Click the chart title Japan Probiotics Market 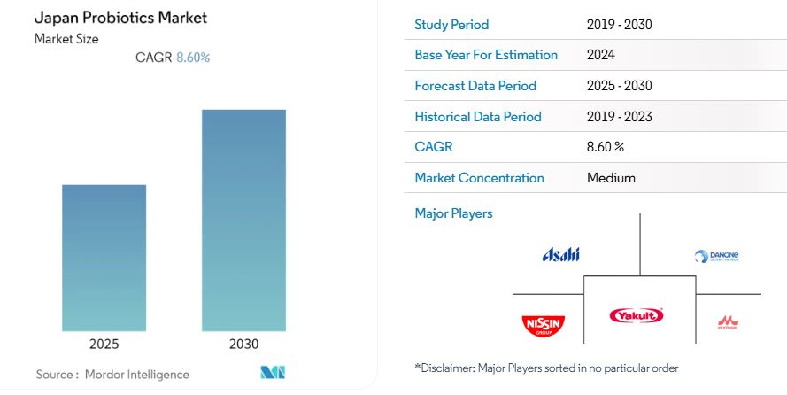121,18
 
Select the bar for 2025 104,258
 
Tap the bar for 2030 243,221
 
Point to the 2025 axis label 104,345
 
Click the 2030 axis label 243,345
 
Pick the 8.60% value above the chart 193,58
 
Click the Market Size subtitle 67,39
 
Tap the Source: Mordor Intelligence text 112,375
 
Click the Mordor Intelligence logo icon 273,373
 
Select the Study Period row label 451,25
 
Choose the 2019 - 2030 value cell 619,25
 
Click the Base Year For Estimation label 486,55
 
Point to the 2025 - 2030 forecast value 619,86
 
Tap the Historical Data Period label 478,117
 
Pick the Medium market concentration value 611,178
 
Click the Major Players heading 453,213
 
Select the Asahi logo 560,255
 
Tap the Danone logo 716,257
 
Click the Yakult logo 637,315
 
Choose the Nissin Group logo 543,325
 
